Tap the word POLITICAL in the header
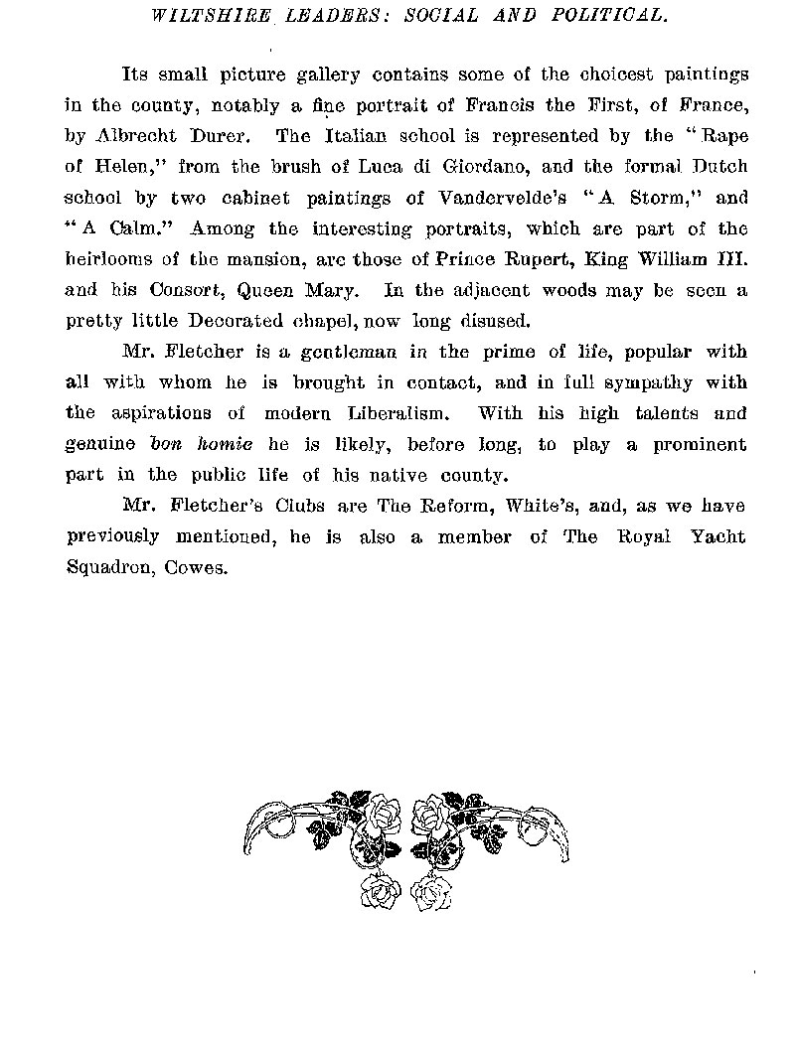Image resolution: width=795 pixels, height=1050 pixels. point(609,16)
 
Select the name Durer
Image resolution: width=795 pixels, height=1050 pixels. point(236,135)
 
